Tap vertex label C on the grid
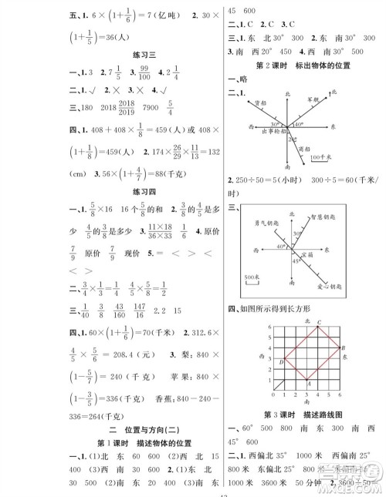[x=317, y=322]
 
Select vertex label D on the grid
[x=283, y=360]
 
